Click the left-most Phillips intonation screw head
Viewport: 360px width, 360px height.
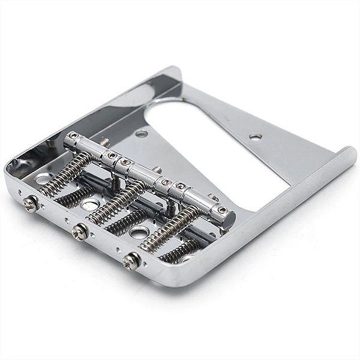[x=31, y=204]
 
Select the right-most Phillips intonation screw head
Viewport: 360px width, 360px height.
[x=131, y=260]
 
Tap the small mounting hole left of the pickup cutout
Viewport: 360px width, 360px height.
[x=142, y=133]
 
